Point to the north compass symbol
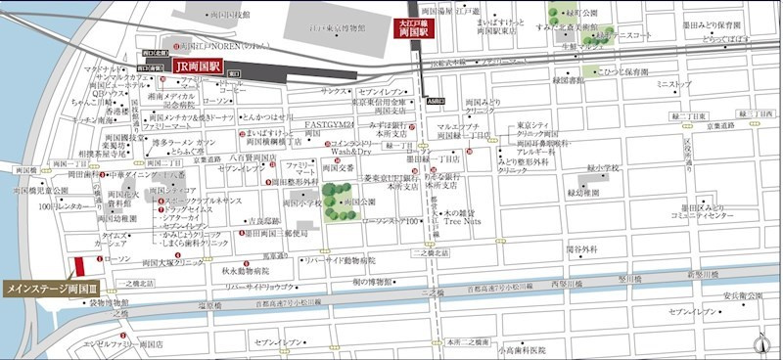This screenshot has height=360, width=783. pyautogui.click(x=760, y=341)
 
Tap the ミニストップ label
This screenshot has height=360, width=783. pyautogui.click(x=674, y=85)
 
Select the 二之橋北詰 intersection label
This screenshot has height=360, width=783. pyautogui.click(x=430, y=252)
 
